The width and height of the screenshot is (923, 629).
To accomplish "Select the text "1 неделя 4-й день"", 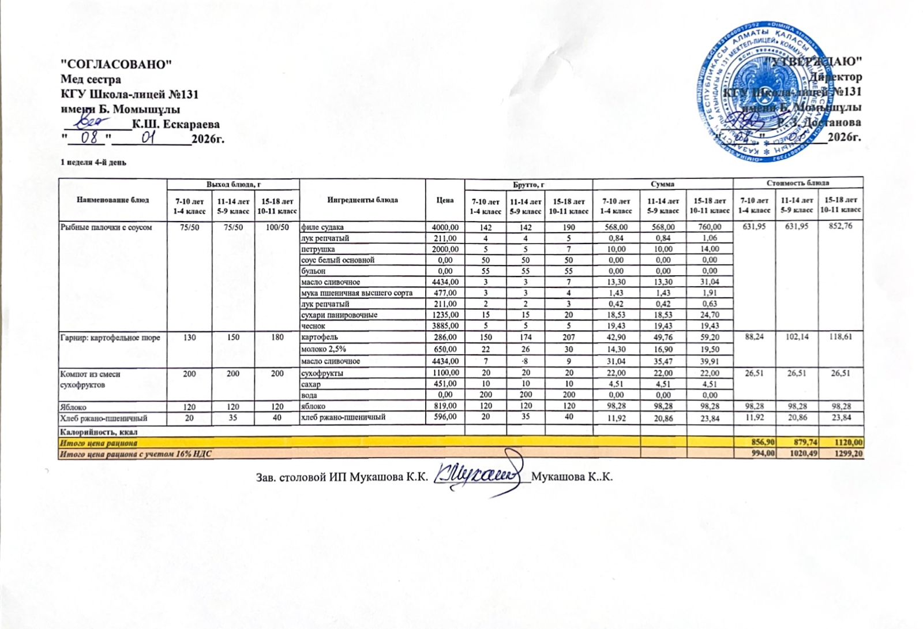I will click(x=93, y=162).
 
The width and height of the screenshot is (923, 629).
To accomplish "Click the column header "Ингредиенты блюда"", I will click(x=362, y=200).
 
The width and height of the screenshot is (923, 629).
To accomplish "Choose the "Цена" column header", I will click(x=445, y=200).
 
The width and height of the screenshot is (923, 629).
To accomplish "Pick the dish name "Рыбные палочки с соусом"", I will click(x=106, y=227).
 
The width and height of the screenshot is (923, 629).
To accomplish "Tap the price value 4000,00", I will click(x=445, y=227).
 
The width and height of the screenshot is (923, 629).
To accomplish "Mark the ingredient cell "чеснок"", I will click(x=313, y=326).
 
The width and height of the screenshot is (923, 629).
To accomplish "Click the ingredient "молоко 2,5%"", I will click(x=323, y=349).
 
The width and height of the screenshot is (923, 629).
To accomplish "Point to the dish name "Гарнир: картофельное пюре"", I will click(x=110, y=337).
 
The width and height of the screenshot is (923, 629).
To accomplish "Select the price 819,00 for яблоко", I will click(x=445, y=407).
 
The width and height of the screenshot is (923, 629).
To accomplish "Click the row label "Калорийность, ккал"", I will click(x=99, y=431).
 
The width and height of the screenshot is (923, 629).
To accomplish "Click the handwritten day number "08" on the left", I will click(x=89, y=137).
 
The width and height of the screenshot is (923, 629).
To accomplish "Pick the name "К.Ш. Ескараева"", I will click(x=176, y=124).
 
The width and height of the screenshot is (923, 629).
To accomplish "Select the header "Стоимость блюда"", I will click(x=798, y=183).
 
